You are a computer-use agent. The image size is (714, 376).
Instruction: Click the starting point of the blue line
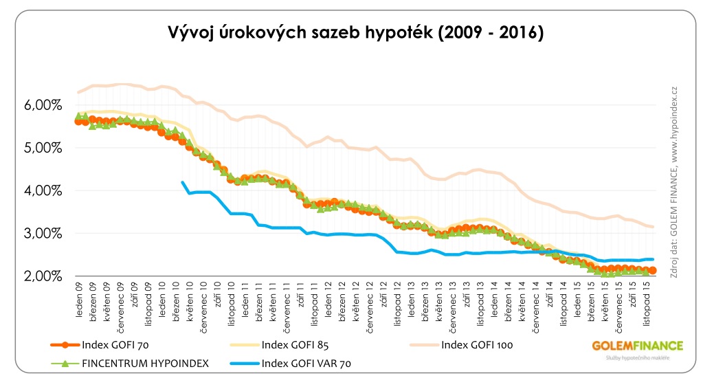(x=182, y=182)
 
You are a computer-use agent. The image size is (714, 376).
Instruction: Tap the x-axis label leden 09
(x=80, y=296)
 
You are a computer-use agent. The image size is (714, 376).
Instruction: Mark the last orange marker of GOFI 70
(x=652, y=271)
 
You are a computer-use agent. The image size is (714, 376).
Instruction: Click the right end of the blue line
(x=652, y=259)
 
